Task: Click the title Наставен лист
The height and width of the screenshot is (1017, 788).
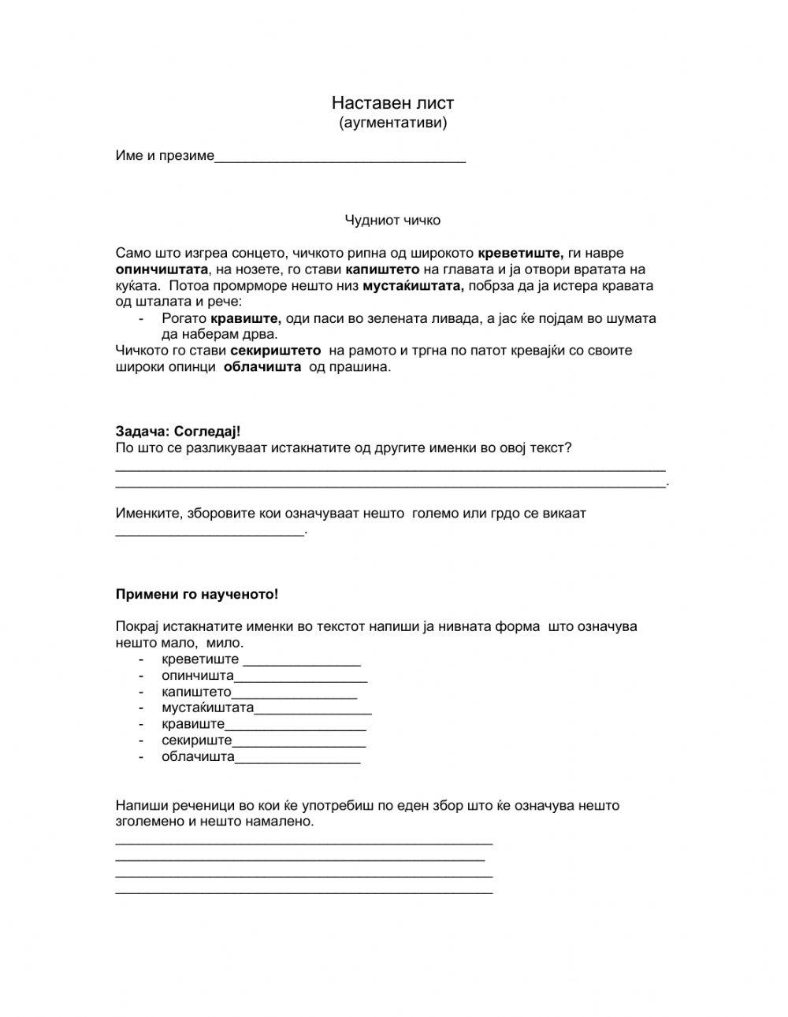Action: click(x=392, y=103)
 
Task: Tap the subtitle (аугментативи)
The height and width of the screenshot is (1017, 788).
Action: click(x=392, y=123)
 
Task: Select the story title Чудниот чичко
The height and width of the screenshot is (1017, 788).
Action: click(x=392, y=221)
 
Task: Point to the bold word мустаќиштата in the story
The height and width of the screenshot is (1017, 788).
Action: click(x=414, y=286)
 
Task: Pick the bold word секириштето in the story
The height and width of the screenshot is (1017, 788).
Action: click(x=275, y=351)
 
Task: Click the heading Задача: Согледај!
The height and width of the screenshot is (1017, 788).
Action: click(x=178, y=432)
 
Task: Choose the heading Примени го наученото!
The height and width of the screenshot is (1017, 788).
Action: click(x=197, y=595)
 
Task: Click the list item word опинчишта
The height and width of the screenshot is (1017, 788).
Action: click(x=198, y=676)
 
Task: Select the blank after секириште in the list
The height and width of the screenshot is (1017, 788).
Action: click(x=299, y=741)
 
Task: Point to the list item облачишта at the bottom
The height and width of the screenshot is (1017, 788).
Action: click(x=198, y=757)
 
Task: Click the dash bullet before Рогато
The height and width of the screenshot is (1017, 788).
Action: click(x=141, y=318)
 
